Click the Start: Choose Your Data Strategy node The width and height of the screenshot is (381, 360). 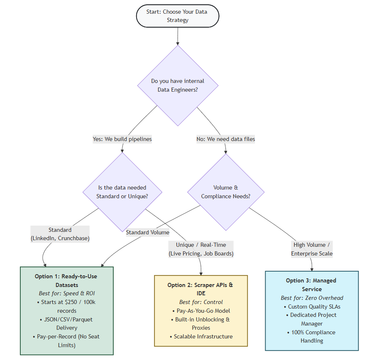(177, 16)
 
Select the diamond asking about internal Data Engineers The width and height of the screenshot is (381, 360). (178, 85)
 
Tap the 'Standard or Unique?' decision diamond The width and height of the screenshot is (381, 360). (122, 192)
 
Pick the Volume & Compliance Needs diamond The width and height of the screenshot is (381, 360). (226, 192)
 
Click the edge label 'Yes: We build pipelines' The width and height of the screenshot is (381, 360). (122, 139)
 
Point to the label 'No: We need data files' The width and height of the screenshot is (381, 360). (226, 139)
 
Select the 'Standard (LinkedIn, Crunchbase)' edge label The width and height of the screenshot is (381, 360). (60, 234)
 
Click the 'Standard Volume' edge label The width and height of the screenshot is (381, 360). (148, 232)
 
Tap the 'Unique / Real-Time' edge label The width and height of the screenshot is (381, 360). (201, 249)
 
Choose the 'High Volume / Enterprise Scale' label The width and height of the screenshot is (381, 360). (312, 249)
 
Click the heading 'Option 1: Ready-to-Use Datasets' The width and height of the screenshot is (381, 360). (66, 280)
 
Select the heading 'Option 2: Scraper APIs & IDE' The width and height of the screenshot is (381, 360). (201, 289)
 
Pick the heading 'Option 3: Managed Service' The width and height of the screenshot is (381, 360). (312, 285)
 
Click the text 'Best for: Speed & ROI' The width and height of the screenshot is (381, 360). (66, 294)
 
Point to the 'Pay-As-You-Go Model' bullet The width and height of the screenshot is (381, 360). (201, 311)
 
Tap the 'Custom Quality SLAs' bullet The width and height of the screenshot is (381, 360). (312, 306)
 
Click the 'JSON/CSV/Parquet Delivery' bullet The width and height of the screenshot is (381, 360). (66, 324)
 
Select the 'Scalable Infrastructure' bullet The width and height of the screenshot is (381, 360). (201, 336)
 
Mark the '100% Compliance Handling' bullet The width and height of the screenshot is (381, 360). (312, 336)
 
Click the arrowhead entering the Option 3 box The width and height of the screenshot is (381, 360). (312, 269)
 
